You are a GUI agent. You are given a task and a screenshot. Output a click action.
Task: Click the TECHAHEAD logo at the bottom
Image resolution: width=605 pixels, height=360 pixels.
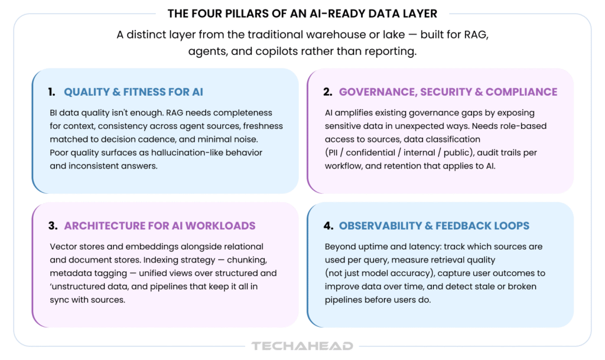(302, 346)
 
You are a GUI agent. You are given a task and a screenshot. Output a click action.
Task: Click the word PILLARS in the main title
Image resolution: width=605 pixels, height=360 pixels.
(246, 14)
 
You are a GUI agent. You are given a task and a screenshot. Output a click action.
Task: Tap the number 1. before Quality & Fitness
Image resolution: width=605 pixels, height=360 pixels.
(52, 92)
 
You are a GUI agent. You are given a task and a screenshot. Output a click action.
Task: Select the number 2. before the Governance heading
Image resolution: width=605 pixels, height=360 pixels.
(327, 92)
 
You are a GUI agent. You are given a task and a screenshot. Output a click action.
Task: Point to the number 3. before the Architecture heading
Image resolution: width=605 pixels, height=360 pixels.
(53, 226)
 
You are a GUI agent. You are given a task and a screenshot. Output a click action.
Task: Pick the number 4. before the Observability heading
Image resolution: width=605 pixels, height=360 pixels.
(328, 226)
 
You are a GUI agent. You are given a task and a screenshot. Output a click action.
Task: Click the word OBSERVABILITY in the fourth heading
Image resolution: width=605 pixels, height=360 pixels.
(380, 226)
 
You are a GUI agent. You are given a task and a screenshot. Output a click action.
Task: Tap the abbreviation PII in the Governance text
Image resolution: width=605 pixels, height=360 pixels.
(333, 153)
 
